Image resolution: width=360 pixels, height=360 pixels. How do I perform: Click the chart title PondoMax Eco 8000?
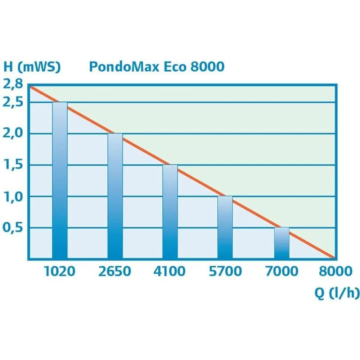pyautogui.click(x=156, y=67)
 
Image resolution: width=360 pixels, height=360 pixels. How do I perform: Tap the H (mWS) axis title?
pyautogui.click(x=32, y=67)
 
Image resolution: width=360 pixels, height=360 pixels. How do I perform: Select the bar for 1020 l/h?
pyautogui.click(x=60, y=180)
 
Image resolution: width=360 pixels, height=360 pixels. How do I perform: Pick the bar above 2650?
pyautogui.click(x=115, y=196)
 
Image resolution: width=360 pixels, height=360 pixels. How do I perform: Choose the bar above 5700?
pyautogui.click(x=225, y=228)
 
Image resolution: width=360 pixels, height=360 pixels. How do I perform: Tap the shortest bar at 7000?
pyautogui.click(x=282, y=243)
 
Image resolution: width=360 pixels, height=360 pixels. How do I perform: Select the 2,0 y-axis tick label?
pyautogui.click(x=13, y=134)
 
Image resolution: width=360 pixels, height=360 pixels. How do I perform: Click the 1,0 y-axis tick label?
pyautogui.click(x=13, y=197)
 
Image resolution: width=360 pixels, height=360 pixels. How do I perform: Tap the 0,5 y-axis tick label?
pyautogui.click(x=13, y=228)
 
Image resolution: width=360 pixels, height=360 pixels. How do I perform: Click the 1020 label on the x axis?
pyautogui.click(x=60, y=271)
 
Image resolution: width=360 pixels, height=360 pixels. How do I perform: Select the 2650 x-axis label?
pyautogui.click(x=115, y=271)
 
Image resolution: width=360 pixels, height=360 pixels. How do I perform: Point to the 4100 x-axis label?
pyautogui.click(x=170, y=271)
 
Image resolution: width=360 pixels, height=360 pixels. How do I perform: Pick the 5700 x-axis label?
pyautogui.click(x=225, y=271)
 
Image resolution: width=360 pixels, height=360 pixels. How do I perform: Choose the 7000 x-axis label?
pyautogui.click(x=282, y=271)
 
